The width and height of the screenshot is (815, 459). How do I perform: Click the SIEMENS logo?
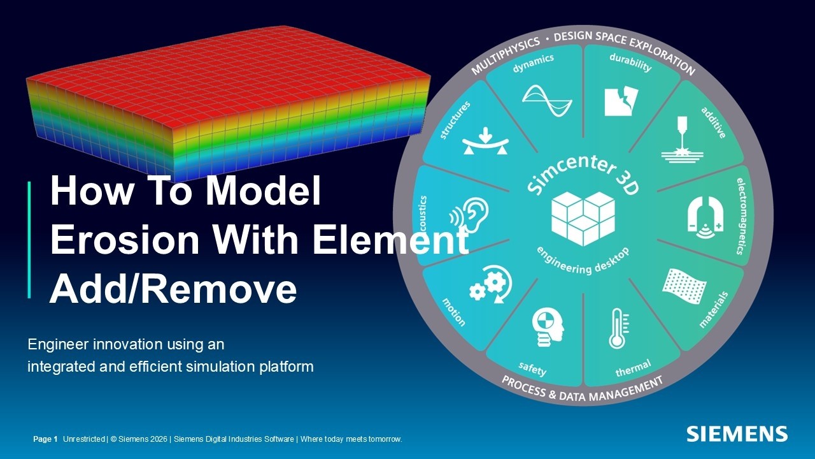click(x=737, y=434)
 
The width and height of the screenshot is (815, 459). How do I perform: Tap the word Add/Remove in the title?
click(x=173, y=289)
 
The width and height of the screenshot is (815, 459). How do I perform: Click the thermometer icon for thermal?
click(x=616, y=329)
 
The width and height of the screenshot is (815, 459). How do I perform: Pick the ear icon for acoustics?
click(x=470, y=215)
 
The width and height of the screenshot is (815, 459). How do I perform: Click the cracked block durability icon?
click(x=619, y=101)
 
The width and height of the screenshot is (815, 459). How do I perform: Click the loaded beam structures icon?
click(x=486, y=142)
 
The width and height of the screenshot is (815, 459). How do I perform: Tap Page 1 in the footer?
click(x=45, y=439)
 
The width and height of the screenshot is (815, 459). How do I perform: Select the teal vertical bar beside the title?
click(x=29, y=240)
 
